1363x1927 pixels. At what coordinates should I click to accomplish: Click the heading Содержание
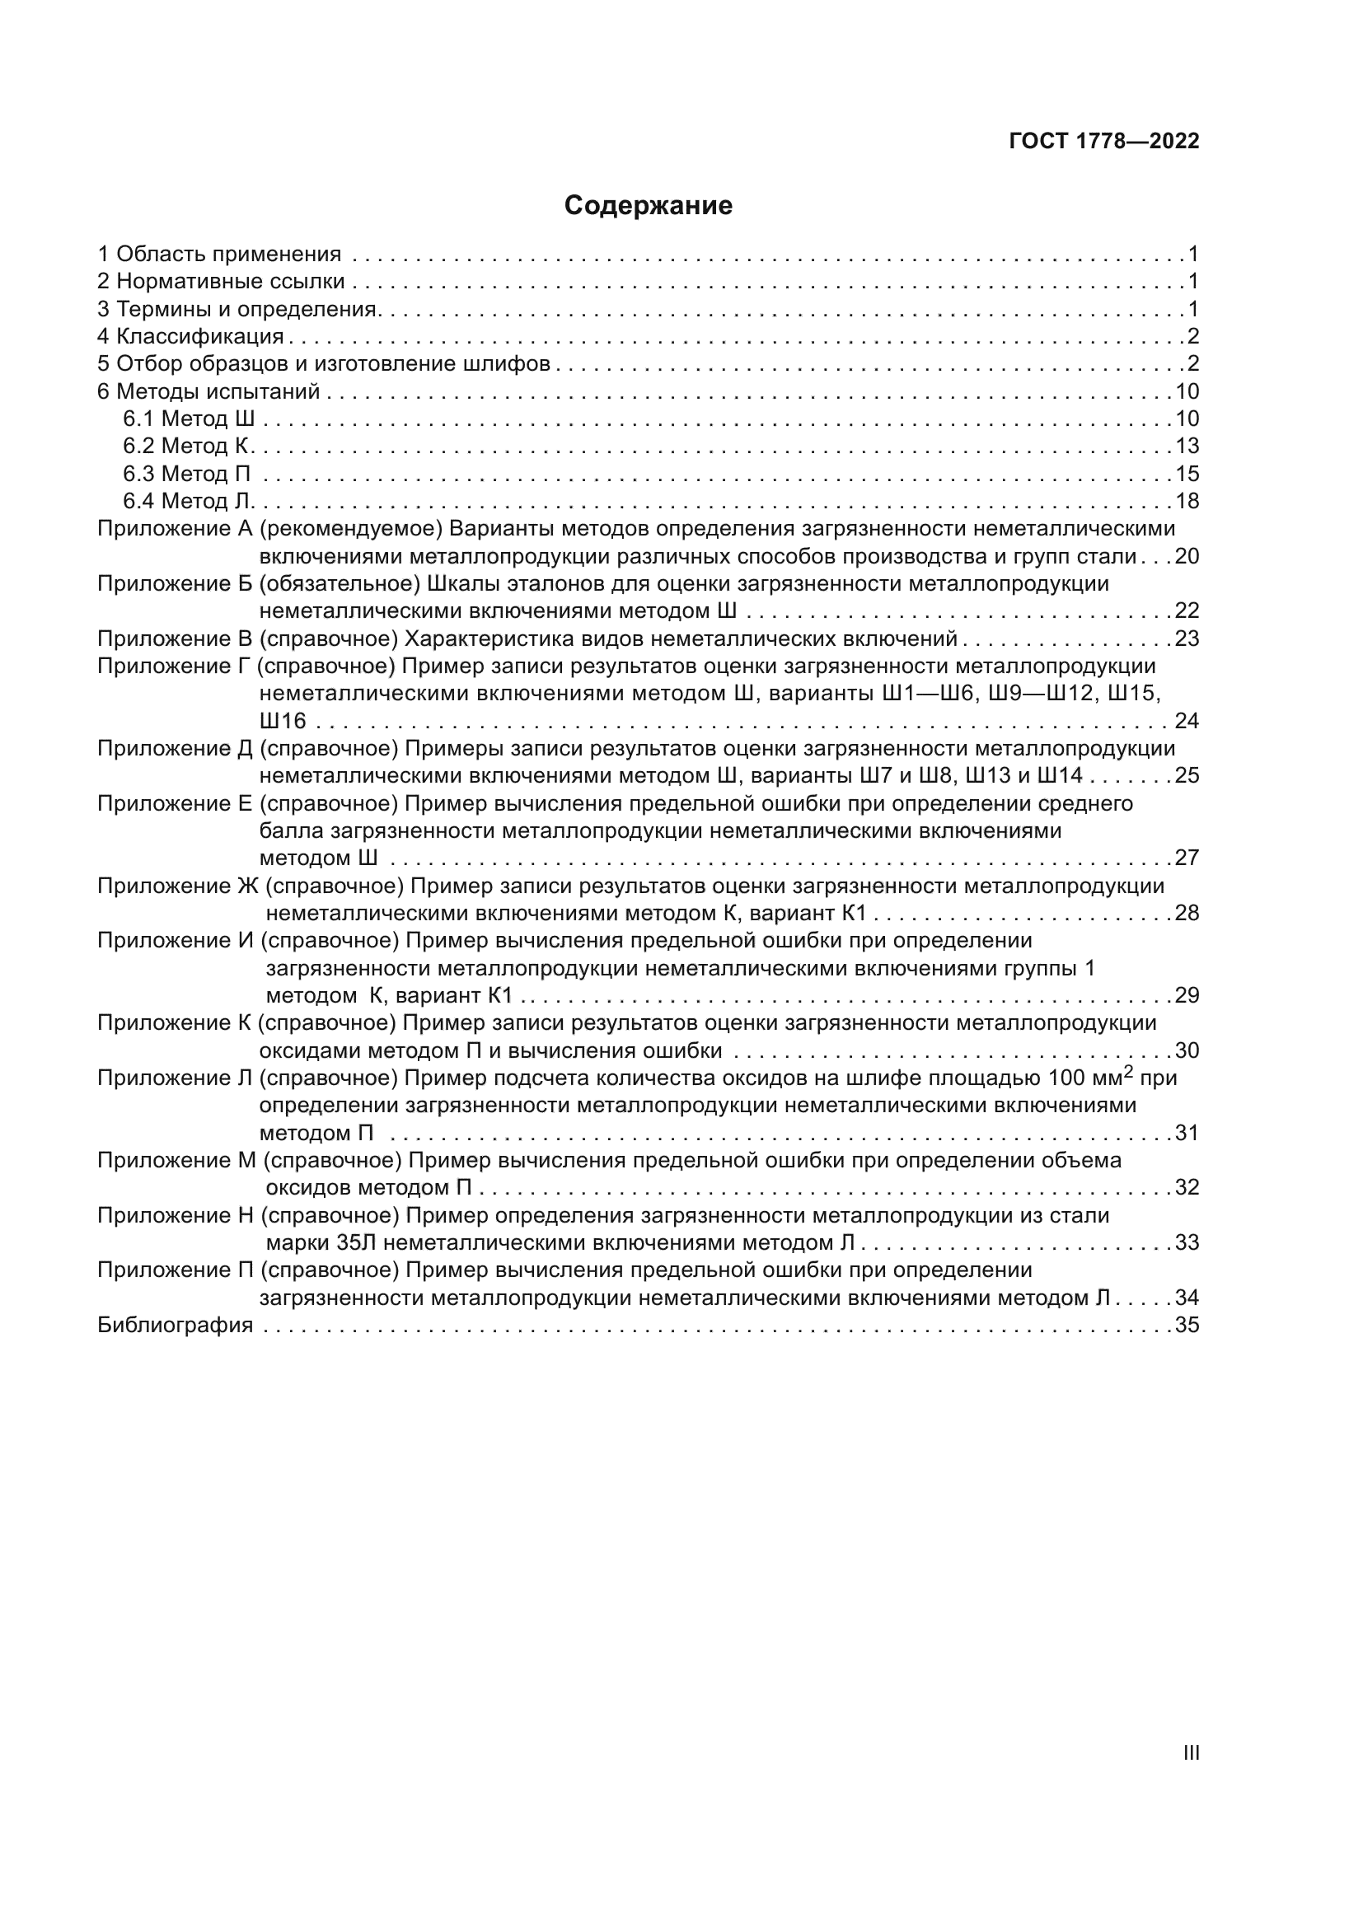(x=648, y=206)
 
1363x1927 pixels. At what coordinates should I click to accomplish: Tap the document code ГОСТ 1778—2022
(x=1103, y=141)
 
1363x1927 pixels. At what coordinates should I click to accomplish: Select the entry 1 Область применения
(x=219, y=254)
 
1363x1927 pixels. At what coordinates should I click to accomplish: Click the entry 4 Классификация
(x=190, y=337)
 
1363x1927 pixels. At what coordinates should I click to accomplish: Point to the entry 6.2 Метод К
(x=187, y=446)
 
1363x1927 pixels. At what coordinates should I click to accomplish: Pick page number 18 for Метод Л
(x=1187, y=501)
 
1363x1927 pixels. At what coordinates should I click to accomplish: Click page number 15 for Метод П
(x=1187, y=474)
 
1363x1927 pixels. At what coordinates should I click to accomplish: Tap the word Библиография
(x=175, y=1326)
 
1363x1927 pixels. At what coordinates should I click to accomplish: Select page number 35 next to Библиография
(x=1187, y=1326)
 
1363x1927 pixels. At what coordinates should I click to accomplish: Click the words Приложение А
(x=175, y=529)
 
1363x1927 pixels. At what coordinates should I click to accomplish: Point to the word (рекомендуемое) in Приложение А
(x=351, y=529)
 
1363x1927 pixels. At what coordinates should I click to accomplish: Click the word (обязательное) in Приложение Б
(x=339, y=583)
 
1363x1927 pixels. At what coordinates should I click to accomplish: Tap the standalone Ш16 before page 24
(x=283, y=721)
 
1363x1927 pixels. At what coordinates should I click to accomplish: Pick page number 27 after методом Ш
(x=1187, y=858)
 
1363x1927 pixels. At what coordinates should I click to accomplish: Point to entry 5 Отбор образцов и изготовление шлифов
(x=323, y=364)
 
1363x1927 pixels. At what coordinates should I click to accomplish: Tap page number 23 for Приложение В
(x=1187, y=638)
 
